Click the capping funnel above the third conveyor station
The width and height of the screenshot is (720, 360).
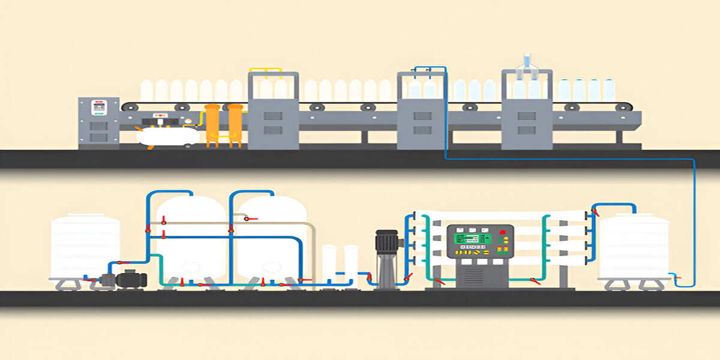point(527,61)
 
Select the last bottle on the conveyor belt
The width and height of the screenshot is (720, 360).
point(608,90)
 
